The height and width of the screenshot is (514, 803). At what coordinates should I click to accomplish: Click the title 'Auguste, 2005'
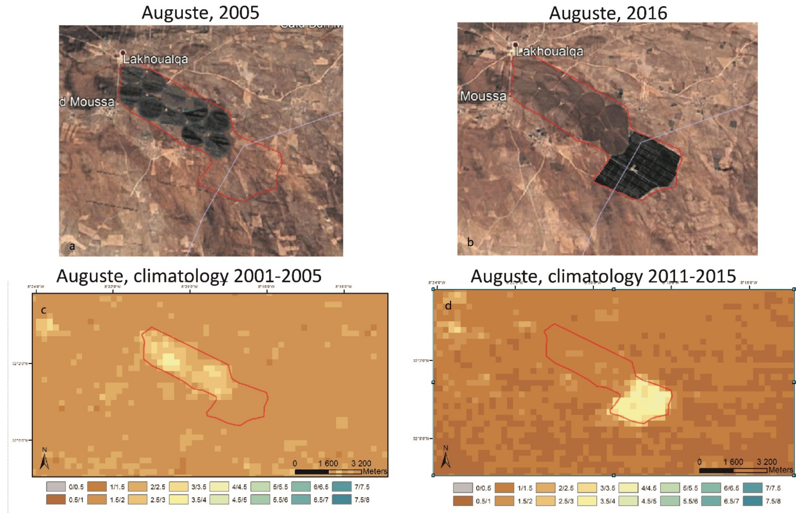pyautogui.click(x=200, y=13)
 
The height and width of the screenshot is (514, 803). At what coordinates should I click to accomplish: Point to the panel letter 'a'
pyautogui.click(x=72, y=247)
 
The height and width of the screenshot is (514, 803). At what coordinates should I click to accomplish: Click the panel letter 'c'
pyautogui.click(x=43, y=310)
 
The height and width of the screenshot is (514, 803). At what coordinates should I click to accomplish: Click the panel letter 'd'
pyautogui.click(x=448, y=305)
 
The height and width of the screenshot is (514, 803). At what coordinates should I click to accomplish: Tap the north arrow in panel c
pyautogui.click(x=44, y=460)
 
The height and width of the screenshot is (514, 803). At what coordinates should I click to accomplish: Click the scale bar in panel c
pyautogui.click(x=328, y=472)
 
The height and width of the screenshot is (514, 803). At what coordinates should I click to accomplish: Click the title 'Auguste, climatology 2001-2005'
pyautogui.click(x=189, y=276)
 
